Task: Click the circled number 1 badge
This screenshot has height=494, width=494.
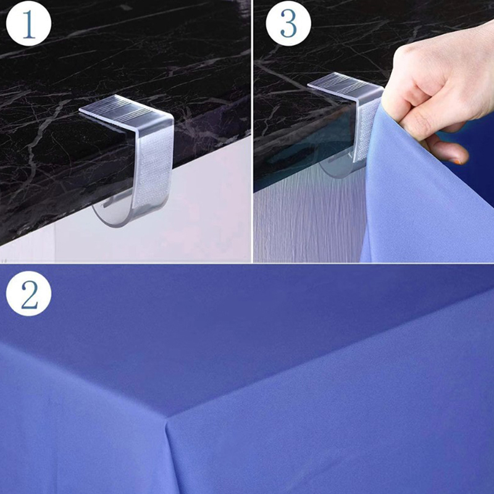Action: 28,23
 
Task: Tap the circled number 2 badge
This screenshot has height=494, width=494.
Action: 28,293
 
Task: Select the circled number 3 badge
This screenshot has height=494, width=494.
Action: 288,23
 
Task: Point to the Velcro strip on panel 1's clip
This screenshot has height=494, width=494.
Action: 152,171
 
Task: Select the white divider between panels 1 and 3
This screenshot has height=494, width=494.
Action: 252,131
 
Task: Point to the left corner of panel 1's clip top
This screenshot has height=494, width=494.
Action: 80,109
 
